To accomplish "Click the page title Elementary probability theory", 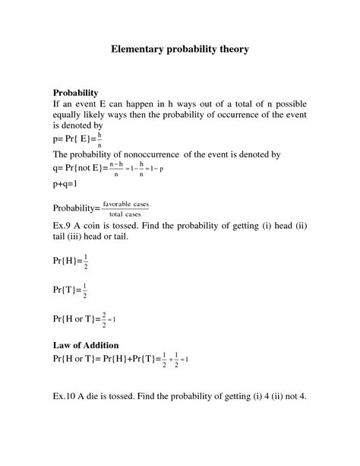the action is pyautogui.click(x=179, y=49).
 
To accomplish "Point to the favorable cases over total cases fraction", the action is pyautogui.click(x=129, y=209).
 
